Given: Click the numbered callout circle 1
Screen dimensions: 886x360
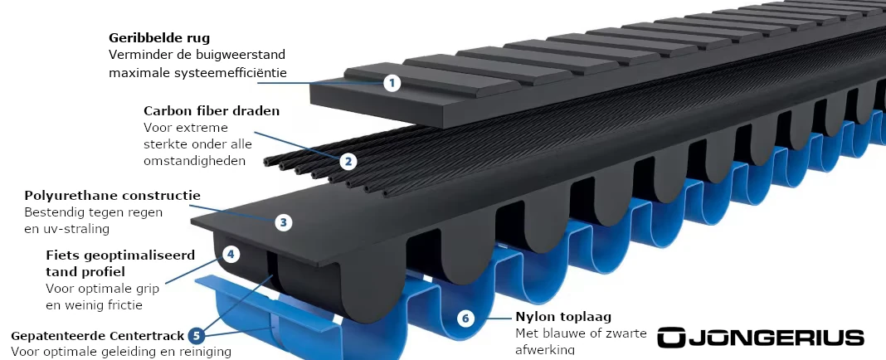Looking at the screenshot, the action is pos(392,84).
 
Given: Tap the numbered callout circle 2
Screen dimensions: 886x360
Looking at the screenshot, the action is pos(348,162).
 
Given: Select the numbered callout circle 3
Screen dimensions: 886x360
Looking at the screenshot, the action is pos(284,222).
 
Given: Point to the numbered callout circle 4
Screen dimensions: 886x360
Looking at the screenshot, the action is pos(231,255).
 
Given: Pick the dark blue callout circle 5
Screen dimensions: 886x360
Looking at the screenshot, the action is pos(196,336).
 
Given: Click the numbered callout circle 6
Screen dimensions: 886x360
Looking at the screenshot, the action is pos(465,319).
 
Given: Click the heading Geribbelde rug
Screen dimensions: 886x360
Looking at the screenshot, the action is pos(159,38).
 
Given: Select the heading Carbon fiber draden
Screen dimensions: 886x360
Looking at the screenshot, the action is pos(212,111).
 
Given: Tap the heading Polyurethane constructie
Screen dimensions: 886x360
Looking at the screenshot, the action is pos(113,196).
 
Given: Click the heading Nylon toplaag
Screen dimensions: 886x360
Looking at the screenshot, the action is pos(563,317).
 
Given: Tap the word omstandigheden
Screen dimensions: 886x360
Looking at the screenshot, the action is pos(194,160).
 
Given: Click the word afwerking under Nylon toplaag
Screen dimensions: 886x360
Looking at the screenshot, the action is pos(545,350).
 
